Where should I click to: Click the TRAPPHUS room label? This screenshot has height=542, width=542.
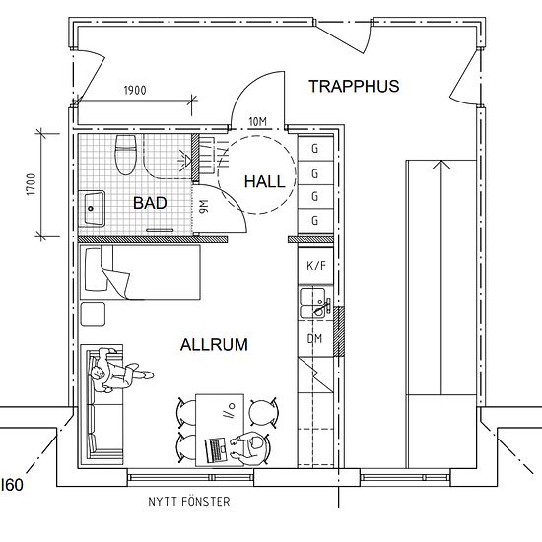click(354, 86)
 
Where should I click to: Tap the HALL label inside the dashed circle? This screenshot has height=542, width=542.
click(265, 182)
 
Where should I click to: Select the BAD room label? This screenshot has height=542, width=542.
click(150, 203)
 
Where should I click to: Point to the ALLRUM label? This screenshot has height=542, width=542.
click(214, 345)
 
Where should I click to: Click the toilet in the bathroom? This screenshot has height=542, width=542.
click(126, 154)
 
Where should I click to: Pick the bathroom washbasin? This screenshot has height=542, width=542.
click(92, 209)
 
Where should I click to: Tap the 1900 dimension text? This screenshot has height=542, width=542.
click(135, 91)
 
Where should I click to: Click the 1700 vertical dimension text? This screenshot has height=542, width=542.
click(32, 185)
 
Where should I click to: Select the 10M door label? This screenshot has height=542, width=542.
click(258, 121)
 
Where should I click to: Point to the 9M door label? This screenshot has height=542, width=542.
click(204, 206)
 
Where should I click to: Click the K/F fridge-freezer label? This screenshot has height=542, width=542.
click(316, 266)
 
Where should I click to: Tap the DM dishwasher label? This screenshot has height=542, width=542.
click(315, 338)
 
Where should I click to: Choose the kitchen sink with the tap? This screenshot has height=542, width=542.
click(315, 303)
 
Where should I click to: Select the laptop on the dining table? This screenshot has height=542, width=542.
click(216, 450)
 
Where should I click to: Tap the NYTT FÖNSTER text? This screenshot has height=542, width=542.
click(189, 502)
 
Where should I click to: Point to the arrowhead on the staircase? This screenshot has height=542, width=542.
click(441, 165)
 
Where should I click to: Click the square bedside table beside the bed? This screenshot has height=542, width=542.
click(93, 313)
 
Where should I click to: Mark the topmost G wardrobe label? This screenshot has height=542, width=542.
click(315, 149)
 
